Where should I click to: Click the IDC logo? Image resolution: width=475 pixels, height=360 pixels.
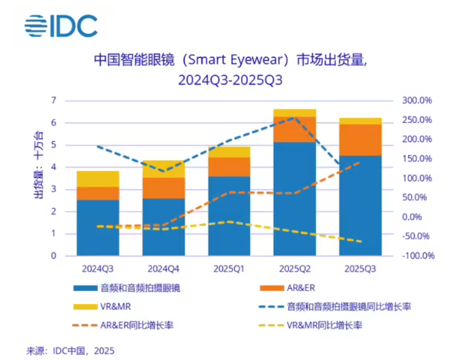point(61,26)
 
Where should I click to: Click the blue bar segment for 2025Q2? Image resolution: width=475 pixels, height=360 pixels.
point(294,198)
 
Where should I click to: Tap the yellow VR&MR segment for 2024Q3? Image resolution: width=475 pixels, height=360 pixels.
point(98,179)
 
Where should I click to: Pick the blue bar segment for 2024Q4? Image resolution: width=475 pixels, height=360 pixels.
point(163,226)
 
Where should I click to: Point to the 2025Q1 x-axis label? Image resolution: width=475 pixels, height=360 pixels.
point(229,269)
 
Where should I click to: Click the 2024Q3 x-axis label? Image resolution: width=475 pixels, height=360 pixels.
point(98,269)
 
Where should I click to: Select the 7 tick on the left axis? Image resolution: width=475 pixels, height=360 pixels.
point(54,100)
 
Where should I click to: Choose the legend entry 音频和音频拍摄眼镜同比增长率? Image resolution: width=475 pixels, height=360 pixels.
point(348,307)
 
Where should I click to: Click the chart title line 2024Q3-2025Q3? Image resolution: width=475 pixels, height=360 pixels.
point(230,80)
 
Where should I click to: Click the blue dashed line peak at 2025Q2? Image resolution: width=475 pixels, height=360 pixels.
point(294,117)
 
